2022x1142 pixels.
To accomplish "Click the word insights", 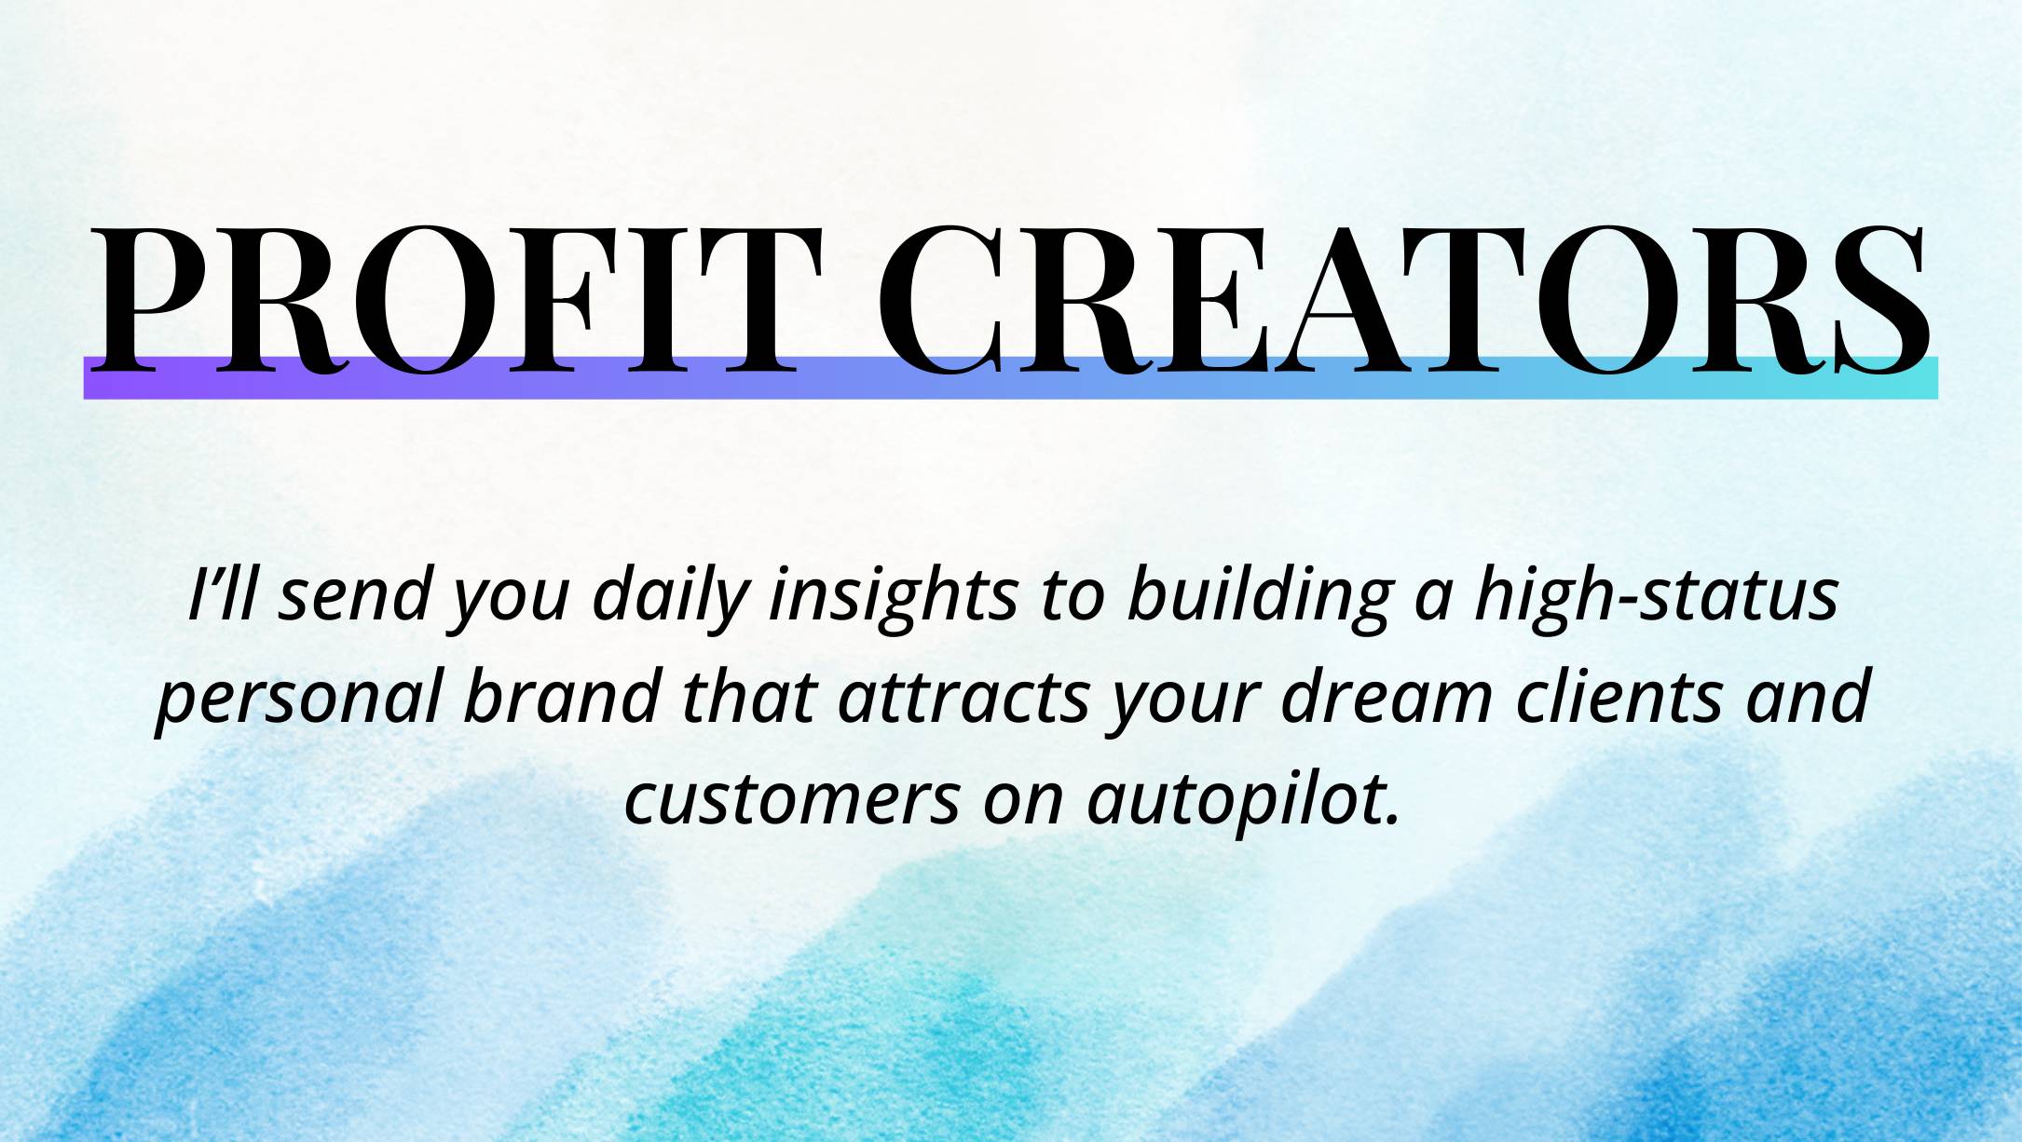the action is tap(893, 597).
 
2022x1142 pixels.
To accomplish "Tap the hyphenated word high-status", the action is tap(1657, 597).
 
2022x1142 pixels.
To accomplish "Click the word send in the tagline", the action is tap(354, 597).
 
